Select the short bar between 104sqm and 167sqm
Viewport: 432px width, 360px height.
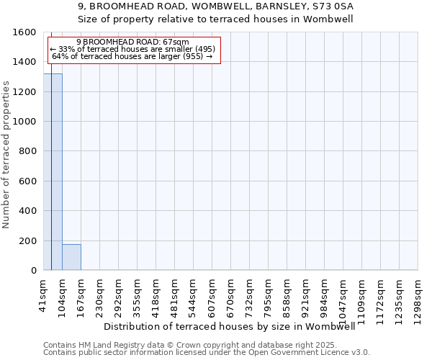(x=71, y=257)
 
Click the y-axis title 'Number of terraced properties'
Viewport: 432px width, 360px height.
(x=6, y=155)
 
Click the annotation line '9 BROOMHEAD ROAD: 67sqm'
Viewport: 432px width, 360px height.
(x=132, y=42)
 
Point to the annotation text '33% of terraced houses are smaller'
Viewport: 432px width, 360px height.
(x=132, y=49)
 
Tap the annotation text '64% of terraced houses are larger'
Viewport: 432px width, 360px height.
(x=132, y=56)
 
